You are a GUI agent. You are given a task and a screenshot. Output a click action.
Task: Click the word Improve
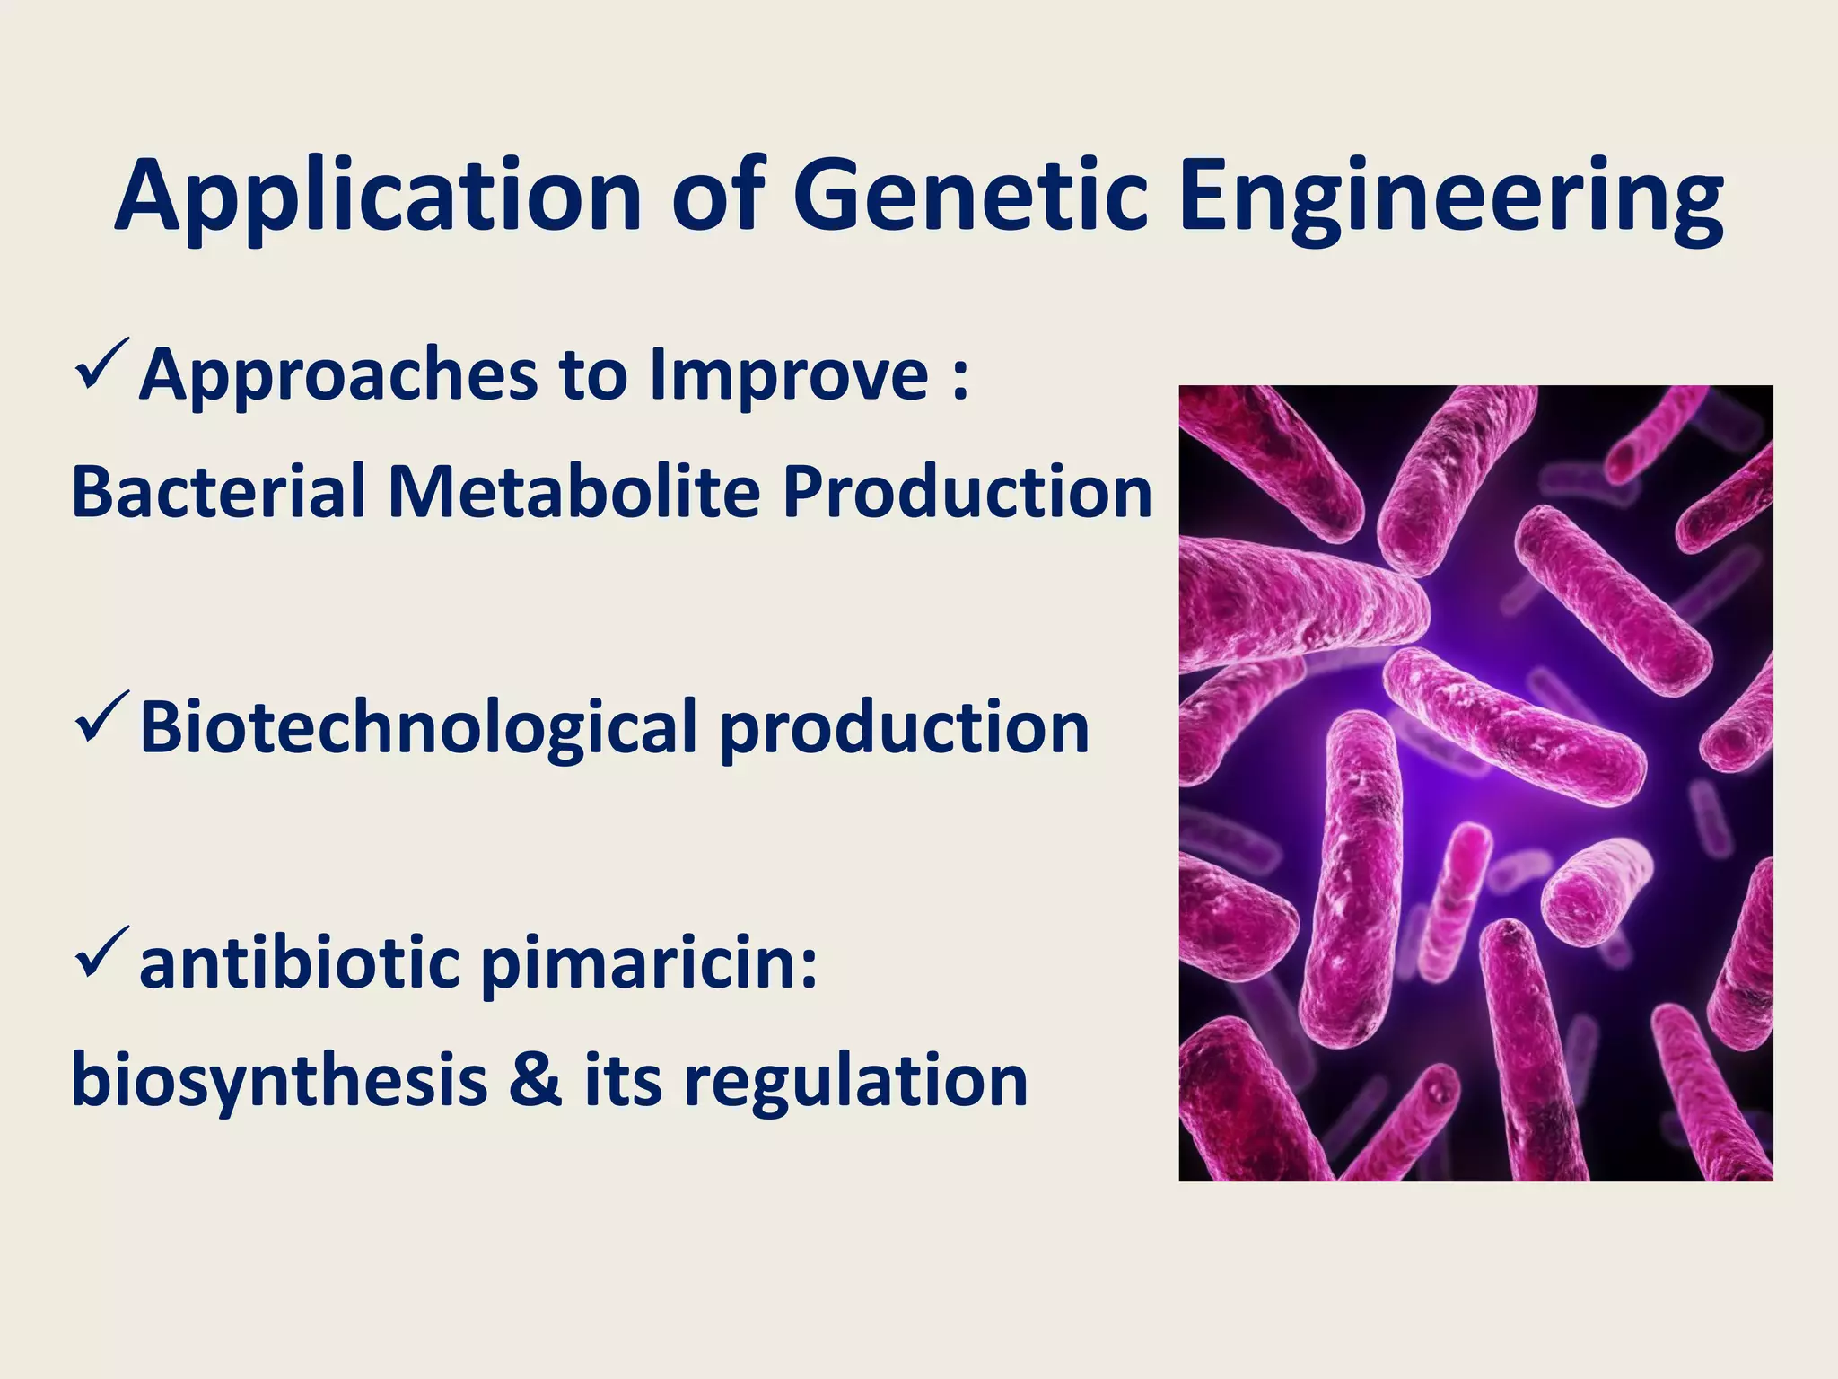click(788, 375)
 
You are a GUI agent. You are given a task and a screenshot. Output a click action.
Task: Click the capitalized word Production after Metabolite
click(967, 491)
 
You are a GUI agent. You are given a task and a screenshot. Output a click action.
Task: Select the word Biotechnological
click(418, 727)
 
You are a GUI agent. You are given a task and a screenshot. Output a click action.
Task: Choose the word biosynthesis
click(279, 1082)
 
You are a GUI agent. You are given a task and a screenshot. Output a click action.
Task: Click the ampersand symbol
click(535, 1079)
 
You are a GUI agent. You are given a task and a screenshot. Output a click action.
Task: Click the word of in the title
click(718, 196)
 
